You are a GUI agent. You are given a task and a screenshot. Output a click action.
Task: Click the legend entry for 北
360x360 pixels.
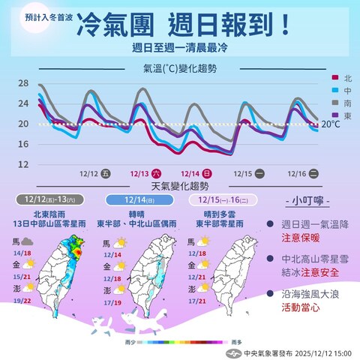(343, 77)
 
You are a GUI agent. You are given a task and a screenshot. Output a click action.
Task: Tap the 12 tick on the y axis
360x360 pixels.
(22, 163)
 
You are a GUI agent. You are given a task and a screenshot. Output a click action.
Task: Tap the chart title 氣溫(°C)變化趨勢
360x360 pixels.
(179, 68)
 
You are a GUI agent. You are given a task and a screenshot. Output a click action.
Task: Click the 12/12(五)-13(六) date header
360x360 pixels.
(49, 200)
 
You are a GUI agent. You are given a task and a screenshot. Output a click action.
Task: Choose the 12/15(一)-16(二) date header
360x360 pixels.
(223, 200)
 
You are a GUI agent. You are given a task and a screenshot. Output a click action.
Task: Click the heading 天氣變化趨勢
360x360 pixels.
(180, 185)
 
